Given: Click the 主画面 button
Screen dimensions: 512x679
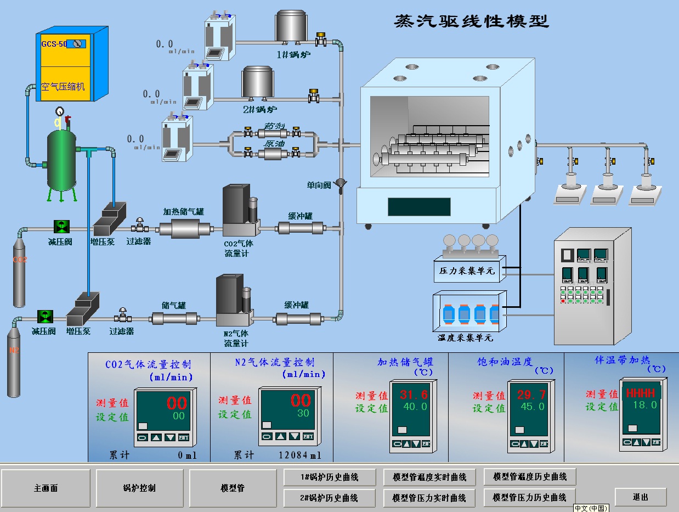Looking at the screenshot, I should point(46,488).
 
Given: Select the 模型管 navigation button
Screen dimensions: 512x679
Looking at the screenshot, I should point(233,488).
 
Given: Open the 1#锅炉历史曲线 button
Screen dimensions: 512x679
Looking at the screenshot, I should point(329,477).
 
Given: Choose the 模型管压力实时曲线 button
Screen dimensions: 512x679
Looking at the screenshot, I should point(429,498).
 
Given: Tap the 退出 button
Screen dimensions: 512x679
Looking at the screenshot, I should point(640,497).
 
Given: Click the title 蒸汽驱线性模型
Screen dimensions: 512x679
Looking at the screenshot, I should point(471,21).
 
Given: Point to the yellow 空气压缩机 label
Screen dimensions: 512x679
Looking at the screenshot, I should point(63,87).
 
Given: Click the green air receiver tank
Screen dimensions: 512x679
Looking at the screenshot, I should point(61,159).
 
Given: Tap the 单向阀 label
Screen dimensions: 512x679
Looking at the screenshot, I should point(319,185).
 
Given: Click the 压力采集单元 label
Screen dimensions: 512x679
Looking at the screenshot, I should point(467,271).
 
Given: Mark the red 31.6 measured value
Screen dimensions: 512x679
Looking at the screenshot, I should point(414,395).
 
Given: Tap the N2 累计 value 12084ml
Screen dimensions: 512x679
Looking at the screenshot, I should point(300,455).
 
